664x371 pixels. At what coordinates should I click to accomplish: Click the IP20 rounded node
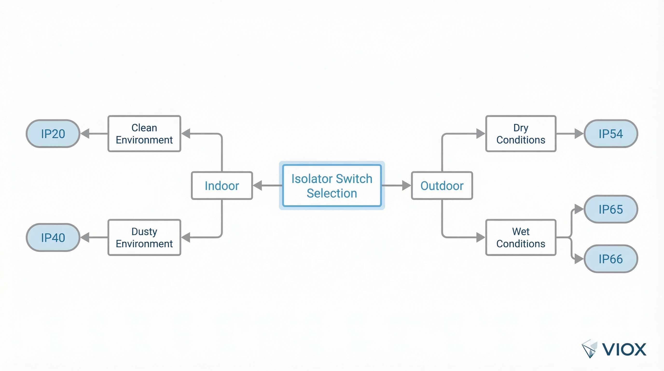(53, 134)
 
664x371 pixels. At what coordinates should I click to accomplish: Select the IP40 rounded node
(53, 237)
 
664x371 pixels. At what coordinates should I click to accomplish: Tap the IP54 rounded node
(610, 134)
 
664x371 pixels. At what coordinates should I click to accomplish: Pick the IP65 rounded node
(610, 209)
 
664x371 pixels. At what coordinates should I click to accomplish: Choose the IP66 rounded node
(610, 259)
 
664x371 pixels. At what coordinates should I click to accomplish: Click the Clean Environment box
(144, 134)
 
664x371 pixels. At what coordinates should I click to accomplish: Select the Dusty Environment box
(144, 237)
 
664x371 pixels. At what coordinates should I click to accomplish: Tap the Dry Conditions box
(521, 134)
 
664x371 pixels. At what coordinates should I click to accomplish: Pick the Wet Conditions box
(521, 237)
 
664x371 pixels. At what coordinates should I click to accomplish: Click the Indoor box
(222, 185)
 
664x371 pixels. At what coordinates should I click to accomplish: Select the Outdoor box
(442, 185)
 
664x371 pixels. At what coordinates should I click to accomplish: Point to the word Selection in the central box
(332, 193)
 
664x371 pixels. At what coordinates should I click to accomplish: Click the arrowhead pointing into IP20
(85, 134)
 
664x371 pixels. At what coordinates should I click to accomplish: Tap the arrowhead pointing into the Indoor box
(258, 185)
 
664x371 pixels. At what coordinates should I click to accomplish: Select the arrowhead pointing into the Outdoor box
(406, 185)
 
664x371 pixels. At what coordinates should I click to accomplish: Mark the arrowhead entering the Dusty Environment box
(186, 237)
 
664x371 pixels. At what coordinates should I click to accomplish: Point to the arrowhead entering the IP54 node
(579, 134)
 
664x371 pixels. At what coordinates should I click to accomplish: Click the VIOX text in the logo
(624, 350)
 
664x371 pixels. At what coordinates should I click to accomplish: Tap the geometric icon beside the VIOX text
(589, 348)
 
